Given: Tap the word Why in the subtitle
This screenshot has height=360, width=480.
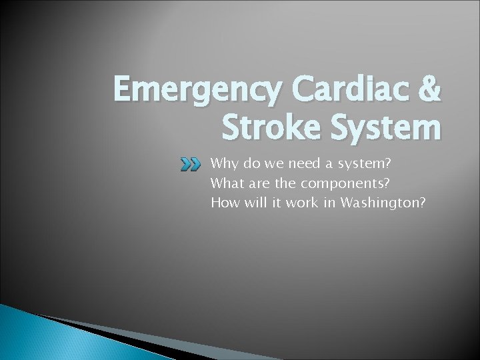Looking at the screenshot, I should coord(223,164).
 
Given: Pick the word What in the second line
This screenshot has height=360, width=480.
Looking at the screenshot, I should coord(226,183).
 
